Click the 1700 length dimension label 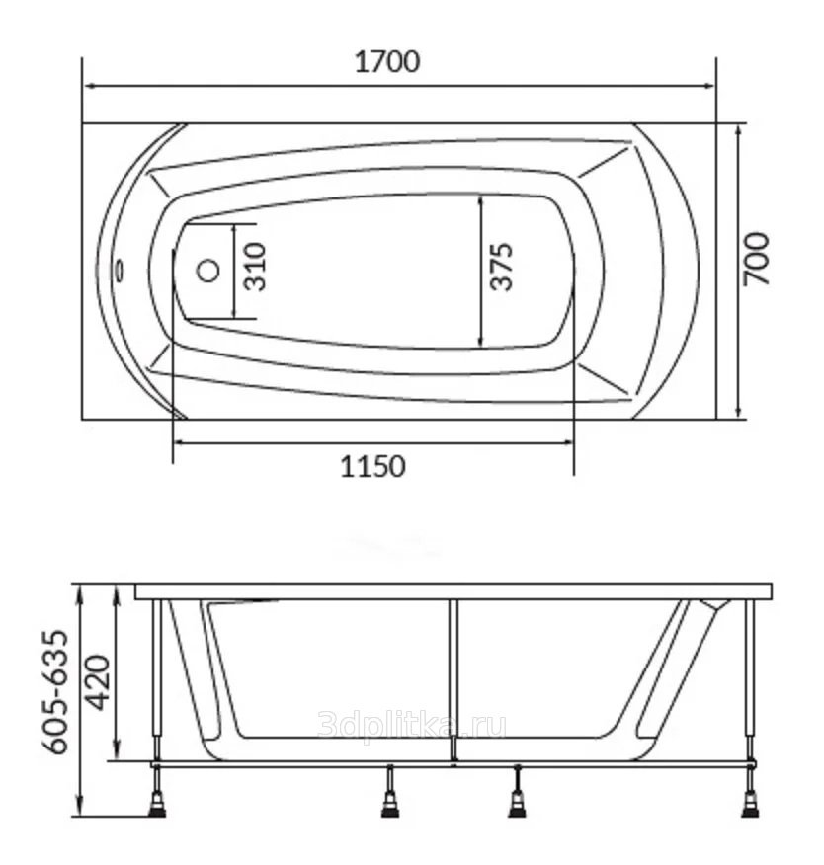(387, 62)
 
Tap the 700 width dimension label (756, 259)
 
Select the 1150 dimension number (372, 467)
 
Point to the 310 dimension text (256, 267)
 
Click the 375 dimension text (502, 267)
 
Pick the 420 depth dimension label (99, 682)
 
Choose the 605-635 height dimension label (56, 692)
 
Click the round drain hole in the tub (208, 271)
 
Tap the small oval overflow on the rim (120, 271)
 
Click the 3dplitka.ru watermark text (412, 726)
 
